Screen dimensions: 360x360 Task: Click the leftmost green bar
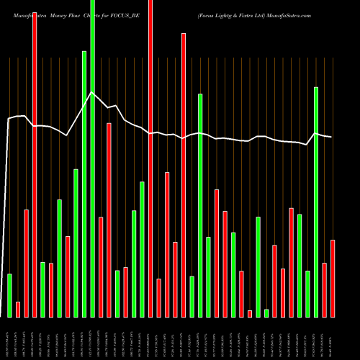[9, 295]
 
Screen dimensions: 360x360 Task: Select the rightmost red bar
[333, 278]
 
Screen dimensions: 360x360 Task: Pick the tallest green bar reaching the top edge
[93, 158]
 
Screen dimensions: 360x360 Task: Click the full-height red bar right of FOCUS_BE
[150, 158]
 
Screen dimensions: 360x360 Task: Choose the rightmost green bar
[316, 202]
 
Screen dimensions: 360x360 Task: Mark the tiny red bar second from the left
[18, 309]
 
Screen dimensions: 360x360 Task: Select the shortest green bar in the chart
[266, 312]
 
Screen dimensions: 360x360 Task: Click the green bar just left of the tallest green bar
[84, 184]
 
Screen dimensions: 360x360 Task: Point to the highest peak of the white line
[91, 92]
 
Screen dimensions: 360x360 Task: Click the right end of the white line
[332, 138]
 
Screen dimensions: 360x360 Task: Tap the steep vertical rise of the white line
[6, 216]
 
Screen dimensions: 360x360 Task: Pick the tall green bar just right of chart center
[200, 205]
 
